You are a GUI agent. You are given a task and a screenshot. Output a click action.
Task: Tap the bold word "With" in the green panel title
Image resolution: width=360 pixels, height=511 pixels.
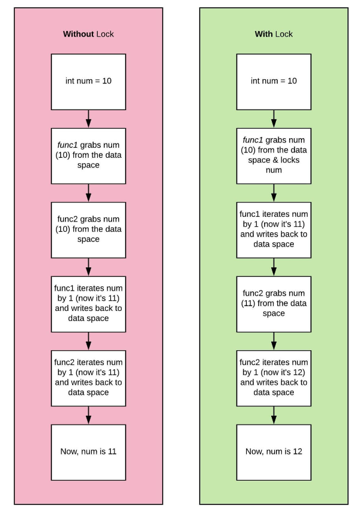click(263, 34)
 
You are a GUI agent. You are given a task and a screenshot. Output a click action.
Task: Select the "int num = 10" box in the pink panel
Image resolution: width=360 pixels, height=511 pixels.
click(88, 80)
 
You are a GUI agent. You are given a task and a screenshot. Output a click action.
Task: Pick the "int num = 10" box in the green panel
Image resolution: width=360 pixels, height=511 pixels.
click(274, 80)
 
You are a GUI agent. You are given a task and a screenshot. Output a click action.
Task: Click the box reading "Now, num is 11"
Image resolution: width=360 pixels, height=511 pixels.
click(88, 451)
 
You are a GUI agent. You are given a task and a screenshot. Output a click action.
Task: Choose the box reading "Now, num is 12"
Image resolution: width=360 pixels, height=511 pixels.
click(274, 451)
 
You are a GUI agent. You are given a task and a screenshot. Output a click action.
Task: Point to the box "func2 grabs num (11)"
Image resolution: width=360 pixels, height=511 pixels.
click(274, 304)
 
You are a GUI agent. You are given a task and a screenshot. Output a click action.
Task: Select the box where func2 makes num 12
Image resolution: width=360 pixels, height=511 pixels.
click(274, 378)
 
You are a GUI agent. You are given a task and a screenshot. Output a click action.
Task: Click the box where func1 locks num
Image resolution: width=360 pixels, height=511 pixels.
click(274, 155)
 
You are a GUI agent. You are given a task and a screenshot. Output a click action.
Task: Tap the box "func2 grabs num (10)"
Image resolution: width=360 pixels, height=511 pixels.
click(88, 229)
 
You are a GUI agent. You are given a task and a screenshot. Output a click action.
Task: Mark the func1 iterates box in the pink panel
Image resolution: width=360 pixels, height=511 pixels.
click(88, 304)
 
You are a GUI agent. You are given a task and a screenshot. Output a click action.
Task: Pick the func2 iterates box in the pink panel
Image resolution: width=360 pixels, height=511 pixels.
click(88, 378)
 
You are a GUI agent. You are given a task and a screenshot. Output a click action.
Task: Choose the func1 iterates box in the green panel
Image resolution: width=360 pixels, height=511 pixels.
click(274, 229)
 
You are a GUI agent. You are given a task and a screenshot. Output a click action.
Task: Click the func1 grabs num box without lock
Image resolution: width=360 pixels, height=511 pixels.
click(88, 155)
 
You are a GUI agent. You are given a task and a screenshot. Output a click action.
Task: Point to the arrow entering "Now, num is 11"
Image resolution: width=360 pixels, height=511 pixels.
click(88, 415)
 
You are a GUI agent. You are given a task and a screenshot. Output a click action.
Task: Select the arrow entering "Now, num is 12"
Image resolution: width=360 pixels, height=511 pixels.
click(274, 415)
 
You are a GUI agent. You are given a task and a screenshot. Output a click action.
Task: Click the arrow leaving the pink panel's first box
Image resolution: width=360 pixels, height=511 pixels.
click(88, 118)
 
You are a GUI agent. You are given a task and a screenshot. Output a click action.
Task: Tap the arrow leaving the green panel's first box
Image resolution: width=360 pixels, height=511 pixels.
click(274, 118)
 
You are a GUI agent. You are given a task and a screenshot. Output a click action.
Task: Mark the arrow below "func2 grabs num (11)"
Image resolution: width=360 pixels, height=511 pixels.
click(274, 341)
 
